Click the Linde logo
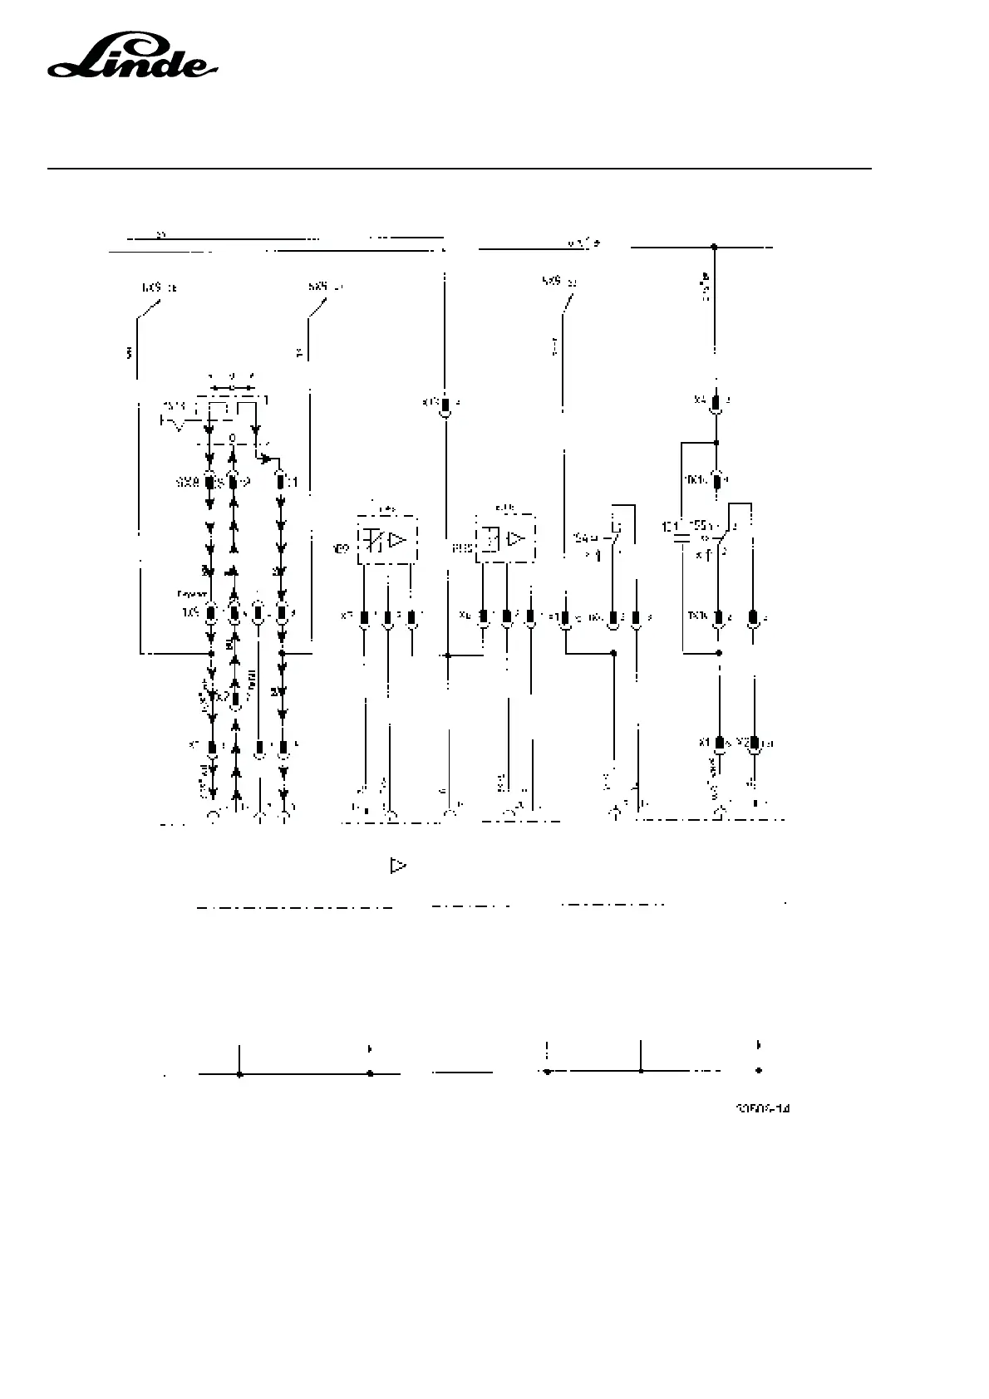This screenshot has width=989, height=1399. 132,59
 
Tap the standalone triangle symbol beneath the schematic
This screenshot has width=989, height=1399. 398,866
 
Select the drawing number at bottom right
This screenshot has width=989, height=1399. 761,1108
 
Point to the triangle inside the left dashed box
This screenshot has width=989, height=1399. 397,539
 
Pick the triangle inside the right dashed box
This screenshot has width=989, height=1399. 516,539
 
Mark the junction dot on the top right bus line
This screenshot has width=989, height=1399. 714,247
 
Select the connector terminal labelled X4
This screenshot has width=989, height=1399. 716,403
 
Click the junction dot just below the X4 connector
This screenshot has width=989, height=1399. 716,442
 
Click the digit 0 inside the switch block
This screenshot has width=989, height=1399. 233,438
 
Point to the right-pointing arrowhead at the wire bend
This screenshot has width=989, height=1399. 266,458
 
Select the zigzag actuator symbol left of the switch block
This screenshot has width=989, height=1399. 173,423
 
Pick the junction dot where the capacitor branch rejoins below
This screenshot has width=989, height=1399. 719,653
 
